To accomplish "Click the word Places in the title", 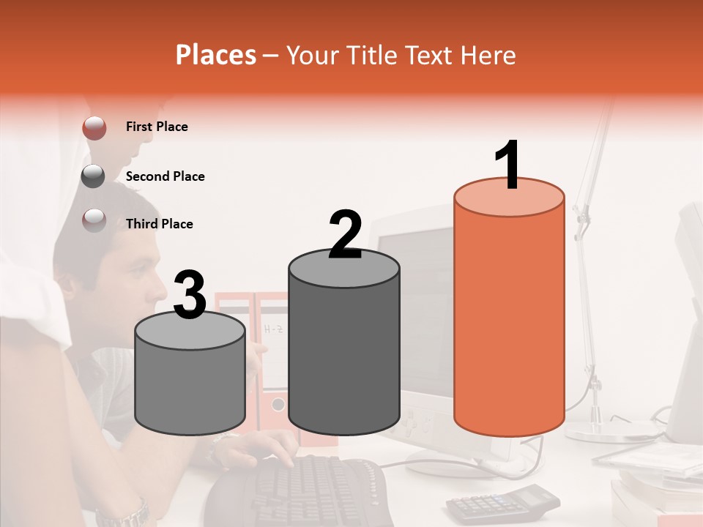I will click(x=216, y=55).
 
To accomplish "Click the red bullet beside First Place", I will click(x=94, y=127).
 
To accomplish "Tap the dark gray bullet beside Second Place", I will click(x=94, y=176).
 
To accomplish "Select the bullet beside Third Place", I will click(x=94, y=220).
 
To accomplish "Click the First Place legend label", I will click(x=157, y=127).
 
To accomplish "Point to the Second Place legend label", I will click(x=165, y=176).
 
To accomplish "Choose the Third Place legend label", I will click(x=159, y=224).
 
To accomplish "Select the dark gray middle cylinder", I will click(x=344, y=351).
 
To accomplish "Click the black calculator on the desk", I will click(x=502, y=501).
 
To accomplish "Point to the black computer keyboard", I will click(x=308, y=490).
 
